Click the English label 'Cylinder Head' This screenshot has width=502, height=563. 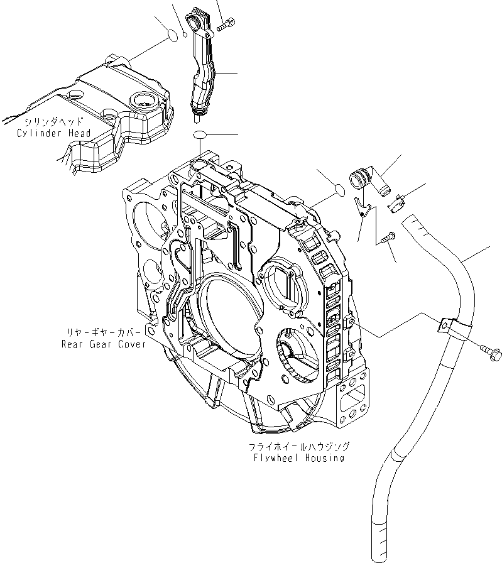[55, 133]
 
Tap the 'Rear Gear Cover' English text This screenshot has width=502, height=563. [103, 344]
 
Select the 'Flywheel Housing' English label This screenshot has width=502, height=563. [296, 457]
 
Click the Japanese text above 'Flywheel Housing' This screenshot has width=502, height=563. [298, 446]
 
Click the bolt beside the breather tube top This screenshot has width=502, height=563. [226, 25]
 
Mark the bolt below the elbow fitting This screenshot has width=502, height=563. [385, 238]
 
